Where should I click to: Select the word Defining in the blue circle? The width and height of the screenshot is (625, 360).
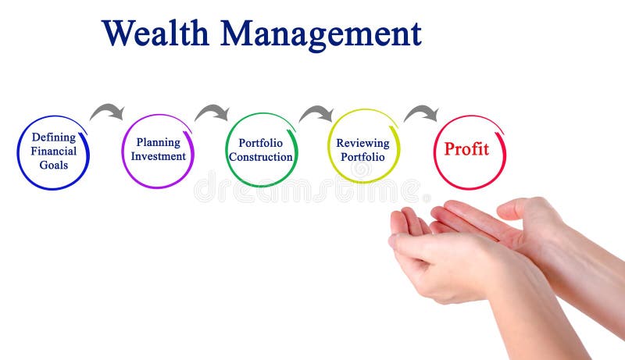tap(53, 137)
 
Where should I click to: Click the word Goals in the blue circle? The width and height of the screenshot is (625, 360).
tap(53, 165)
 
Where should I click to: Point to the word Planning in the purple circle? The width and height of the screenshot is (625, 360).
tap(158, 142)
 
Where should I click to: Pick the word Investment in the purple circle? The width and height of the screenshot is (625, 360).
tap(158, 156)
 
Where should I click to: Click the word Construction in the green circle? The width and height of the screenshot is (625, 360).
tap(261, 157)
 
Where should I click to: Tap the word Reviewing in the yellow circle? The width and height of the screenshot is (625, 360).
tap(362, 143)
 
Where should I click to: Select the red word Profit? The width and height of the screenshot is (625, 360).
tap(466, 148)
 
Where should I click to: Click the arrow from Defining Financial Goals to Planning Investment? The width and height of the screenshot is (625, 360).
tap(107, 112)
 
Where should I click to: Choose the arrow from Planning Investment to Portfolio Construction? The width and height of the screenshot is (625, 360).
tap(212, 112)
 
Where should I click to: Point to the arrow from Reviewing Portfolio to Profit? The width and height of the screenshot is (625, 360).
tap(421, 114)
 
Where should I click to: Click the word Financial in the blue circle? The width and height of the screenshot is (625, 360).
tap(53, 151)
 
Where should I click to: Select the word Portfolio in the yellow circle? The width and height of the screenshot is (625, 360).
tap(362, 156)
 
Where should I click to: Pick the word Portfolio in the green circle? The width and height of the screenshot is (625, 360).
tap(261, 143)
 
